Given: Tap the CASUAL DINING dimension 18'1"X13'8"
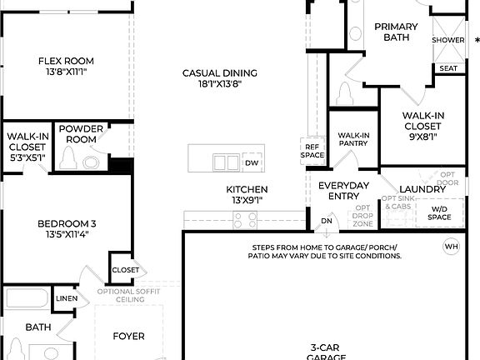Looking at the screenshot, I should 219,84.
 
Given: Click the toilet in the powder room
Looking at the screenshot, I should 91,162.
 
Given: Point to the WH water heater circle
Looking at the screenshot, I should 451,247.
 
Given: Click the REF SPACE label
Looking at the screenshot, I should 312,151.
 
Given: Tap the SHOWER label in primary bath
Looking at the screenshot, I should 447,40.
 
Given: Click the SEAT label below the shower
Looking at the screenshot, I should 447,68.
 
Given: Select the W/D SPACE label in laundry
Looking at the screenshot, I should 439,213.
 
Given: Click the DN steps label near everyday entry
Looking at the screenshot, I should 327,221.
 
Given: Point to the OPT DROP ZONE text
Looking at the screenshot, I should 362,217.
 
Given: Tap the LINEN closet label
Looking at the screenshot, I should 67,297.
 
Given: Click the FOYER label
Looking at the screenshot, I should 129,337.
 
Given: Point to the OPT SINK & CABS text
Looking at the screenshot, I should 397,202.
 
